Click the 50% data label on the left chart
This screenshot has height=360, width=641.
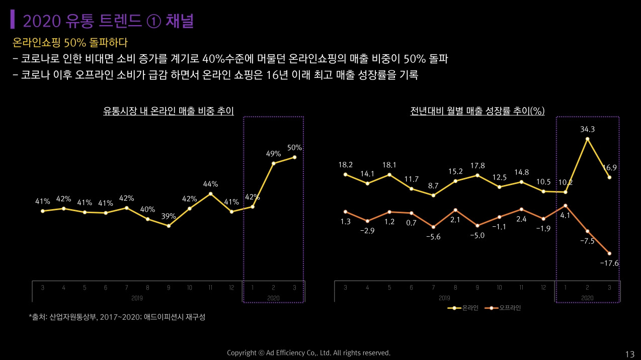click(x=294, y=148)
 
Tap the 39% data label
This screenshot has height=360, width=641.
click(x=169, y=217)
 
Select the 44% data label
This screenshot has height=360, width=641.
click(x=210, y=185)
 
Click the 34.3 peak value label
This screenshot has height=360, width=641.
click(x=587, y=129)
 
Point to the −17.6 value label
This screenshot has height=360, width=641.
click(x=609, y=263)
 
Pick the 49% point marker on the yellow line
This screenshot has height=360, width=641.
click(x=273, y=163)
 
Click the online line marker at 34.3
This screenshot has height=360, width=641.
click(x=587, y=139)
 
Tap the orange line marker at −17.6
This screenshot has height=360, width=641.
click(x=609, y=253)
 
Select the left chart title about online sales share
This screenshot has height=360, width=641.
click(x=168, y=111)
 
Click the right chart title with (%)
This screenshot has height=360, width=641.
click(x=477, y=111)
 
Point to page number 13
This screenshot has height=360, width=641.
click(x=629, y=354)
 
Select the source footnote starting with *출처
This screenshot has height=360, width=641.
click(x=117, y=317)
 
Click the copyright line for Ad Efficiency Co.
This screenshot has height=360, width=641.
click(x=308, y=353)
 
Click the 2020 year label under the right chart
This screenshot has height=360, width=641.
click(x=587, y=298)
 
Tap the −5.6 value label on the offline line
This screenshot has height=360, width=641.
click(x=433, y=237)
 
